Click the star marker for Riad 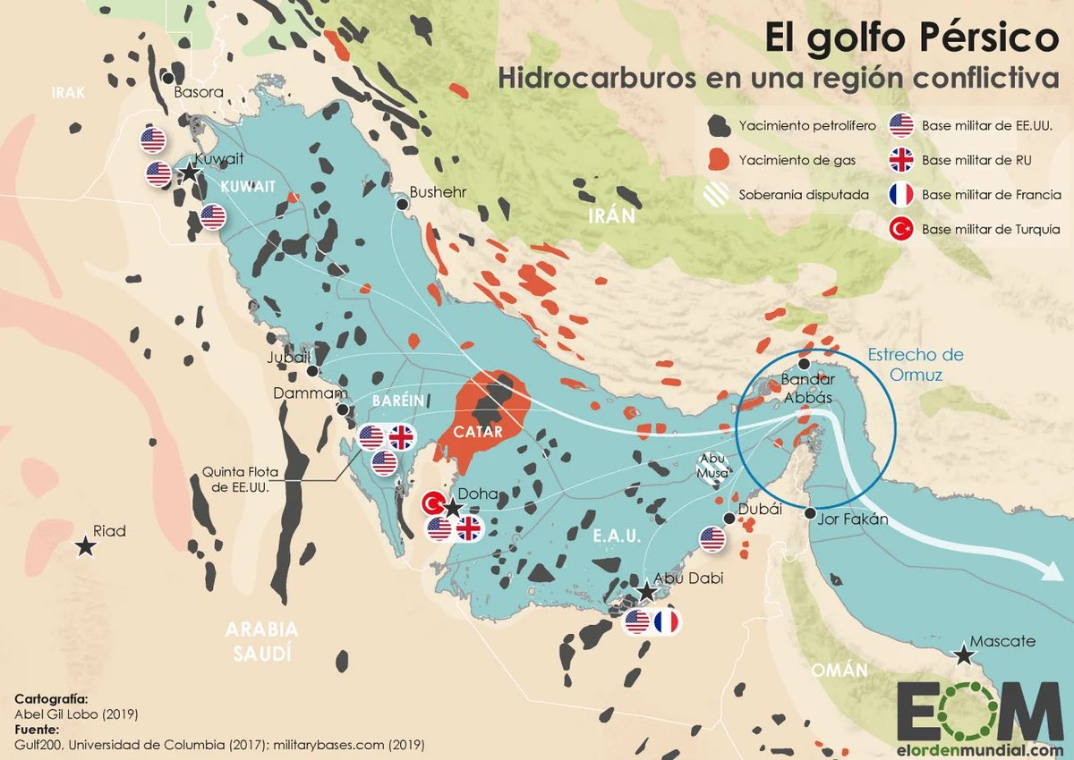pos(86,546)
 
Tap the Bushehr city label pos(438,191)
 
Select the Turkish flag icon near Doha pos(434,503)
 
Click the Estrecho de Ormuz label pos(915,364)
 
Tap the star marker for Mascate pos(964,656)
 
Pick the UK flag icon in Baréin pos(402,437)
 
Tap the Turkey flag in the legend pos(900,229)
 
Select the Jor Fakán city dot pos(810,514)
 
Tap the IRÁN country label pos(611,215)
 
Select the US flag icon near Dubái pos(712,538)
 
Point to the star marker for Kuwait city pos(190,173)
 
